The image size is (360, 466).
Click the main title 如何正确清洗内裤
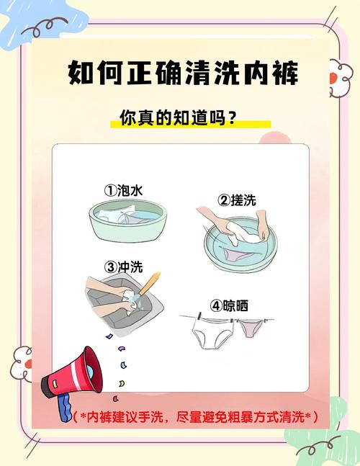pos(183,73)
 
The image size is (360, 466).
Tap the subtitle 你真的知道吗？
pos(179,117)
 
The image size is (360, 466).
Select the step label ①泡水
pos(124,190)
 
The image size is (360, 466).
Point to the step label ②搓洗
pos(237,200)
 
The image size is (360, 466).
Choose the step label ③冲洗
pos(124,267)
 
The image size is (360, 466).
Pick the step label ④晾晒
pos(229,305)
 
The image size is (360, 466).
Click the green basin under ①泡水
pos(128,220)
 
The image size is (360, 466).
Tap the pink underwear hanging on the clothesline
pos(251,328)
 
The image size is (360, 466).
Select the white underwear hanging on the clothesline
pos(214,333)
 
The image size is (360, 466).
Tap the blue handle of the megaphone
pos(66,406)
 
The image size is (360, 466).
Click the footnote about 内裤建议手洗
pos(195,417)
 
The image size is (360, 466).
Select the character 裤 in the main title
pos(285,73)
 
